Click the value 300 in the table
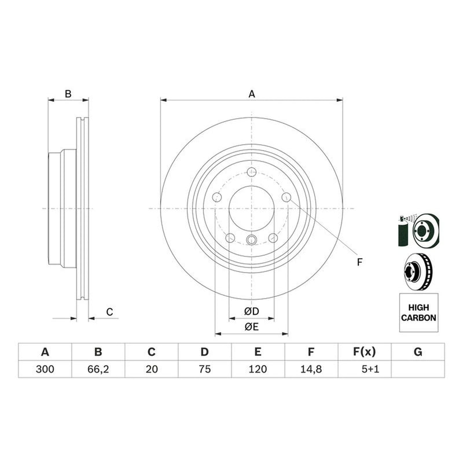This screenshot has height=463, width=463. (x=45, y=369)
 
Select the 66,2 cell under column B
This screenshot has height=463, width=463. (x=98, y=369)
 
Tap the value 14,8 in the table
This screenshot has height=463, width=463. (x=311, y=369)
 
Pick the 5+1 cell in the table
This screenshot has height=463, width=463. (x=370, y=369)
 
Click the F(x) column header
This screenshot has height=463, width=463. (x=365, y=352)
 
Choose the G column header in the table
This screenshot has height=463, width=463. (x=418, y=352)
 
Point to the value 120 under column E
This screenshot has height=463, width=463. (x=258, y=369)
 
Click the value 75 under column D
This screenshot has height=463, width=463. (x=205, y=369)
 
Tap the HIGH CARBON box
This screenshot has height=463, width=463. (x=418, y=313)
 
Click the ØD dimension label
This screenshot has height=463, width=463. (x=252, y=311)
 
